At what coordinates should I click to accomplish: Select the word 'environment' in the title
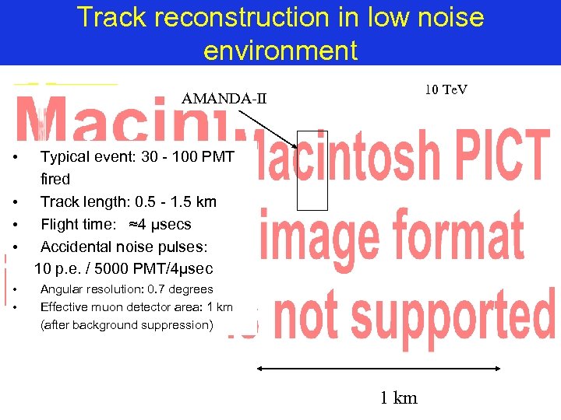click(x=280, y=50)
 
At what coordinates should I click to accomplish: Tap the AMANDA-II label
click(x=224, y=98)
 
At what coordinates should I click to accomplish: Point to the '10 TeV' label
click(x=446, y=90)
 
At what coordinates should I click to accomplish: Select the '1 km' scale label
click(x=399, y=398)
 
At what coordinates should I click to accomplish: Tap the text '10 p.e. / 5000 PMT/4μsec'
click(x=123, y=269)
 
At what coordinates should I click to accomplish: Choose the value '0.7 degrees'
click(x=182, y=289)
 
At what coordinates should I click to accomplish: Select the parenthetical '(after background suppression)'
click(x=126, y=325)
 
